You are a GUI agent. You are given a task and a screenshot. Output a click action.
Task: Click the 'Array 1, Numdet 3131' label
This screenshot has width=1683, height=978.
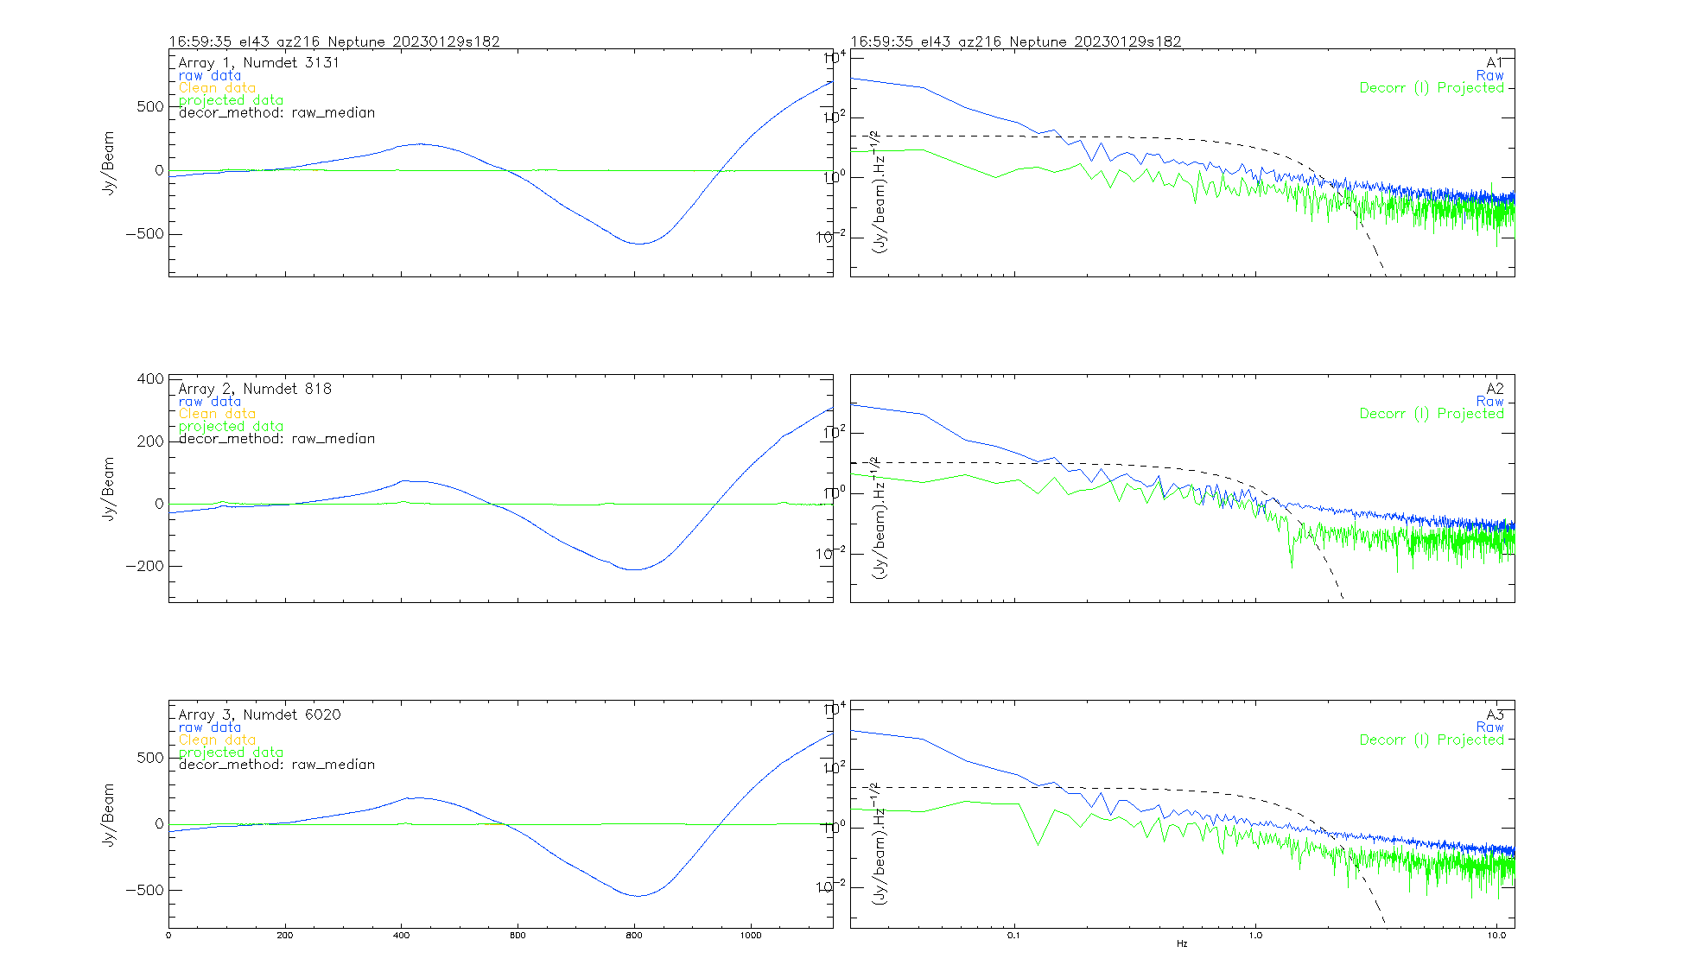pos(258,63)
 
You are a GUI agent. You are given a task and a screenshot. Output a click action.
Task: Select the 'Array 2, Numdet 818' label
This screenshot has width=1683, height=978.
pos(255,389)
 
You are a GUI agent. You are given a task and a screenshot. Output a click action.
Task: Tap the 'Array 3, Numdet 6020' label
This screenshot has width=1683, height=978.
pos(259,714)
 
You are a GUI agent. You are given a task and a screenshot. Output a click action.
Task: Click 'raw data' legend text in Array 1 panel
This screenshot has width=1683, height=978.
pos(210,76)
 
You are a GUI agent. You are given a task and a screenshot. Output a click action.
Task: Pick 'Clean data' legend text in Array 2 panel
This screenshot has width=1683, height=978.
pos(217,414)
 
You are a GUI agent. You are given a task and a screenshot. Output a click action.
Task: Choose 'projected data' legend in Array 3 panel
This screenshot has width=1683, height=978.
pos(231,753)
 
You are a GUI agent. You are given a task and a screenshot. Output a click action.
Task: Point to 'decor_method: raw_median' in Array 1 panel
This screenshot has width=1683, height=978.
pos(276,112)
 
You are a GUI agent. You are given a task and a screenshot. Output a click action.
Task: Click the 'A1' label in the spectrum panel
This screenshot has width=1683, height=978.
pos(1495,62)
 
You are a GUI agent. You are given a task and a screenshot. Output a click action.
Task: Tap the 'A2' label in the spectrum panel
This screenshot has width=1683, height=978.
pos(1495,389)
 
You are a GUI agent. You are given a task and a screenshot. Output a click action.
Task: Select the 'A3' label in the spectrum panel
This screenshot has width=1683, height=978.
pos(1495,714)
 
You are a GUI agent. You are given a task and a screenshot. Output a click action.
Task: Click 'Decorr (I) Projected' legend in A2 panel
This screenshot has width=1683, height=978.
pos(1432,414)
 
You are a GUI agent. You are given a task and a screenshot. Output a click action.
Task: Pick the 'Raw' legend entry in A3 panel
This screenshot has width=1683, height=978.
pos(1489,727)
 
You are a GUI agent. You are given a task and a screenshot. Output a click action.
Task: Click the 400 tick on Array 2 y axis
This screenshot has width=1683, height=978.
pos(150,378)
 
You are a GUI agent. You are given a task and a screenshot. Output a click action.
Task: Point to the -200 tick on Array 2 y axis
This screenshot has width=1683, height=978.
pos(144,566)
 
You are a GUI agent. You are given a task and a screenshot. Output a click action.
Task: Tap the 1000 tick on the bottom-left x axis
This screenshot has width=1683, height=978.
pos(751,936)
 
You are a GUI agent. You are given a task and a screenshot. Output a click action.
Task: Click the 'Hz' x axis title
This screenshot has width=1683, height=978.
pos(1182,943)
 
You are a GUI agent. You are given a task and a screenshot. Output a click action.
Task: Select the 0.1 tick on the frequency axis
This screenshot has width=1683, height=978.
pos(1014,936)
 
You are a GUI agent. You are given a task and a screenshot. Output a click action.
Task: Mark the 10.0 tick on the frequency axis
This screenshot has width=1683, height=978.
pos(1496,936)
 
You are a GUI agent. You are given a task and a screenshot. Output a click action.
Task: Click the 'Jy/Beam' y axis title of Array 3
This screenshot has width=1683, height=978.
pos(109,814)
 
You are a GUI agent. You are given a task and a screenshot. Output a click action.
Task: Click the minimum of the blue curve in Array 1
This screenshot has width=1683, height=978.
pos(638,244)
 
